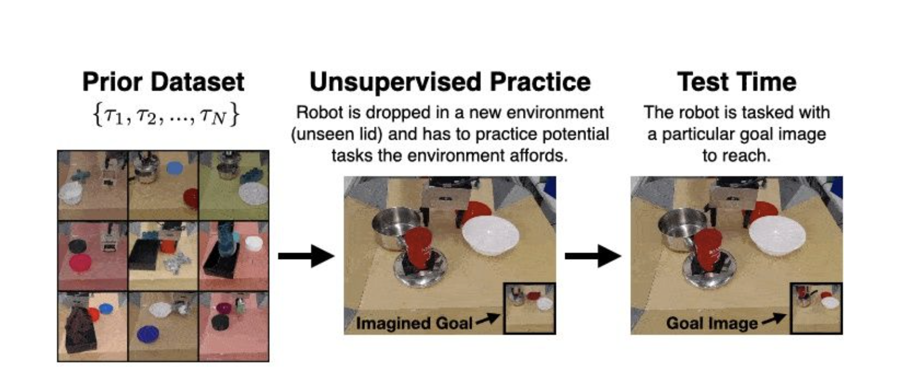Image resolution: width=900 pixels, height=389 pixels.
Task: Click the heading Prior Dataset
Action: pos(163,82)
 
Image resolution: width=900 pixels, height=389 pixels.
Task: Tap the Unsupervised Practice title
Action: pos(450,82)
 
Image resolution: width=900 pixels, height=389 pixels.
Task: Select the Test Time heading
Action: pos(737,82)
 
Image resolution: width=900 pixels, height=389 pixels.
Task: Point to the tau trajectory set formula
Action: pos(166,116)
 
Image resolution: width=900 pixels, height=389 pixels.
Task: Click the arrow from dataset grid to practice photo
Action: pos(306,256)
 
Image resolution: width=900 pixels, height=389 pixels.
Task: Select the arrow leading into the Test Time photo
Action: pos(593,256)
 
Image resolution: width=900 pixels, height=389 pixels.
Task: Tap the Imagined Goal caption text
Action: pos(414,323)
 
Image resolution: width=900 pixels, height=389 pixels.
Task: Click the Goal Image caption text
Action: pos(712,323)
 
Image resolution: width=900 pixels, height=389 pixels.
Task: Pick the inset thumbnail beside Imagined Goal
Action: pos(530,309)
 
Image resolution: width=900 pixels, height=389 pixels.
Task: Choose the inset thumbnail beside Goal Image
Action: pos(816,309)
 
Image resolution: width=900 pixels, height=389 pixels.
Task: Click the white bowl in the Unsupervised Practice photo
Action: pos(491,235)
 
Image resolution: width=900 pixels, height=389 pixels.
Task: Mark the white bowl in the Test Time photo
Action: pos(777,235)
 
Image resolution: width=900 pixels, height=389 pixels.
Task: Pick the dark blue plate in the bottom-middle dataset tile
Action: pos(147,334)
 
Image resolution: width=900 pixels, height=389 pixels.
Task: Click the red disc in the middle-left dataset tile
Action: pos(80,264)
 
